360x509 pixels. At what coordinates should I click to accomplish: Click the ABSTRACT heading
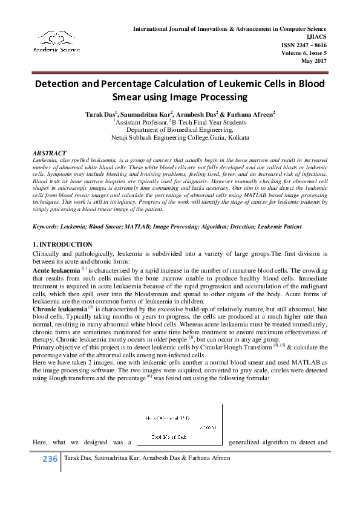[50, 154]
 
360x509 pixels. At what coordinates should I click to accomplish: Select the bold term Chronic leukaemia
[59, 308]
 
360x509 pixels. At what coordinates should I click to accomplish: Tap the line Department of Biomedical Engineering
[180, 129]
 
